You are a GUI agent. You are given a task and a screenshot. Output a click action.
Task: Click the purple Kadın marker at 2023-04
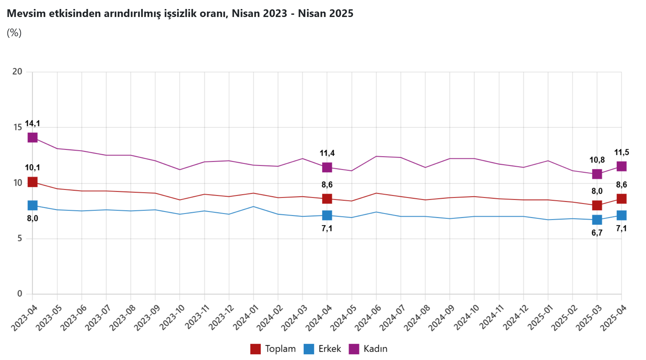pos(32,138)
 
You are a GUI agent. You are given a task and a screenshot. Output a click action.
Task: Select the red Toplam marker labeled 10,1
pos(32,182)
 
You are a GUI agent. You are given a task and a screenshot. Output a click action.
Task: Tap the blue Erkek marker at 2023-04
pos(32,205)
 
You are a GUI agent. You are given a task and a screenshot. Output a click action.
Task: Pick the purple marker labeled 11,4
pos(327,167)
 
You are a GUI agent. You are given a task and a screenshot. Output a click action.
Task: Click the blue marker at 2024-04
pos(327,215)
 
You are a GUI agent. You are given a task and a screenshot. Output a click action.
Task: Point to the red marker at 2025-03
pos(597,205)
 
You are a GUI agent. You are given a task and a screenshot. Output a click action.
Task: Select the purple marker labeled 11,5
pos(622,166)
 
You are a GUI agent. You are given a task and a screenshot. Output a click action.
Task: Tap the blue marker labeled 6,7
pos(597,220)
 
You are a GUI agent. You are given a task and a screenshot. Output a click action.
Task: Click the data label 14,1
pos(32,124)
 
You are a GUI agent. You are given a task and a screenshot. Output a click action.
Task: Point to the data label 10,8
pos(597,160)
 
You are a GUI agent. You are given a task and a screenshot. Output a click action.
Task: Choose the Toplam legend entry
pos(273,349)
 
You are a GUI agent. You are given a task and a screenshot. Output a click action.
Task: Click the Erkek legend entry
pos(323,349)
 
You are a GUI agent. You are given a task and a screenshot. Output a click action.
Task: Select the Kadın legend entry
pos(368,349)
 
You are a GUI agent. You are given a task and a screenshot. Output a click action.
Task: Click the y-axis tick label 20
pos(17,72)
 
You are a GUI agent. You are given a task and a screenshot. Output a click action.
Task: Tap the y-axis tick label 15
pos(17,127)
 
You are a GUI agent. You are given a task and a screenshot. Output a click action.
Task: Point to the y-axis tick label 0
pos(20,294)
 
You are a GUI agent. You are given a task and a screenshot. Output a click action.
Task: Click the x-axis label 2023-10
pos(172,317)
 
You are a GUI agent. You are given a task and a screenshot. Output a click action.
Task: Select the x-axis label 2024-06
pos(369,317)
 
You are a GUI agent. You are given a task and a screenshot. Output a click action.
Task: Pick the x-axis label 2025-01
pos(541,317)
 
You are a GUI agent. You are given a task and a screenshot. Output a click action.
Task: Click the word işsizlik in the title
pos(182,13)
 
